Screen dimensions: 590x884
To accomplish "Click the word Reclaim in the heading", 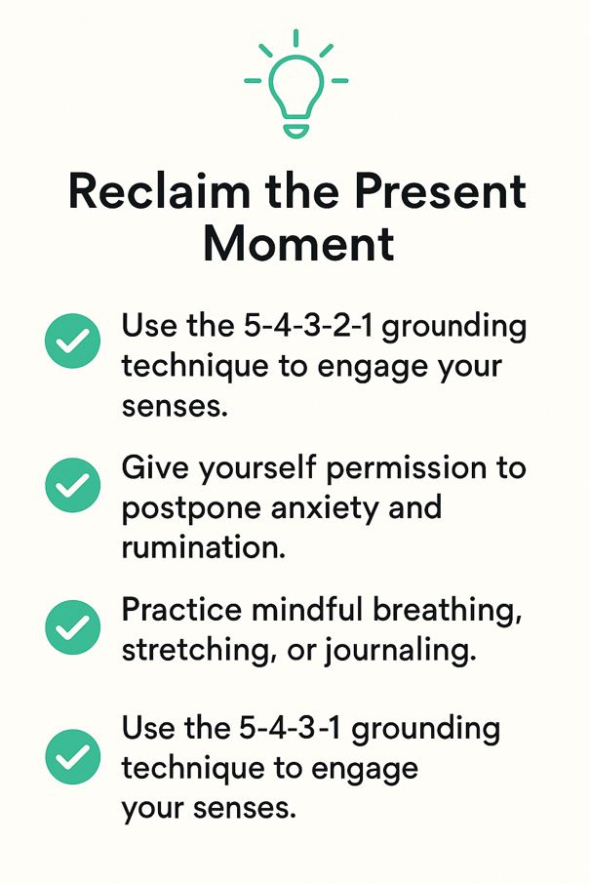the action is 159,191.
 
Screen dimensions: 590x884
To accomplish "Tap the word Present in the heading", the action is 440,191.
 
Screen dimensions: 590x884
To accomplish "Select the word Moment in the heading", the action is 298,244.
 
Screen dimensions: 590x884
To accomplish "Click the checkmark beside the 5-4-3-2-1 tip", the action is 73,342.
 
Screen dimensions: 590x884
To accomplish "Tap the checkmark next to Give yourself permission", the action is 73,485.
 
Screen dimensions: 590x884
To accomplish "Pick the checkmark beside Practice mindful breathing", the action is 73,627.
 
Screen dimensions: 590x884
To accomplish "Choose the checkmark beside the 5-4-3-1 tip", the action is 73,756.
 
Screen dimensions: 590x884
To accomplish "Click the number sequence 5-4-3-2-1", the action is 308,326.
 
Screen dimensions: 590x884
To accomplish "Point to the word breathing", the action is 448,611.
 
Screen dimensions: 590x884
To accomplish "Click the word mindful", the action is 306,610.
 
